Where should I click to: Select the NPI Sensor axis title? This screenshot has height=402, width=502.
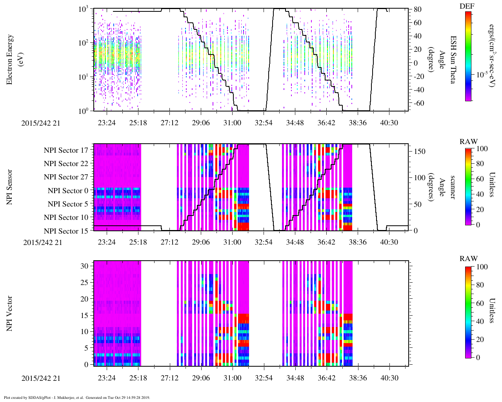point(10,187)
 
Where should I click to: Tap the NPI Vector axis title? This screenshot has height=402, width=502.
point(10,313)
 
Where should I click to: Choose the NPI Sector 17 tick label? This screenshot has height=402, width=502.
point(66,150)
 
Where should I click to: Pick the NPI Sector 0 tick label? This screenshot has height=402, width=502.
point(68,191)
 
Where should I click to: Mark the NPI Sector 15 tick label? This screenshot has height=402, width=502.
point(66,231)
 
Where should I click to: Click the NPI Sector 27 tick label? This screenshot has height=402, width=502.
point(66,177)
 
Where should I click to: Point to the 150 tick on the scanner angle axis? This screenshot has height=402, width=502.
point(420,151)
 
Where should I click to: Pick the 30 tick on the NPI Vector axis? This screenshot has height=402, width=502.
point(84,266)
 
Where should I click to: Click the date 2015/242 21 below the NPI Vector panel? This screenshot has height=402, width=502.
point(41,378)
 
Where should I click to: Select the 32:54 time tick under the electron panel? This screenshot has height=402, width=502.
point(264,123)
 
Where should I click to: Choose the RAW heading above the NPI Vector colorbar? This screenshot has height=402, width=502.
point(469,259)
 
